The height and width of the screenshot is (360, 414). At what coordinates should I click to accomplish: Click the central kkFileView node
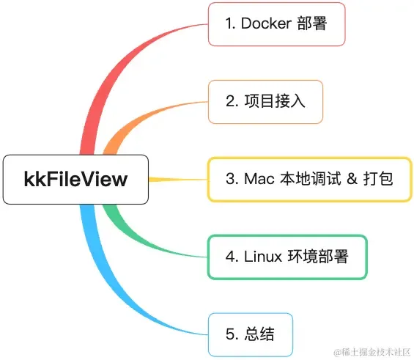[x=75, y=180]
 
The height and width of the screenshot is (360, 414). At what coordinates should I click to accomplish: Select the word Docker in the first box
[x=266, y=23]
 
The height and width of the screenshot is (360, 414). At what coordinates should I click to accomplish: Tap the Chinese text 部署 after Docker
[x=312, y=23]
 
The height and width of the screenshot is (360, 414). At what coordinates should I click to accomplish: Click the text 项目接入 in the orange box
[x=275, y=101]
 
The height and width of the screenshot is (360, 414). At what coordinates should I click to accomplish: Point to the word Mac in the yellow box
[x=259, y=179]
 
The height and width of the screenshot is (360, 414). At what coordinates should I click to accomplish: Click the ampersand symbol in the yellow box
[x=352, y=179]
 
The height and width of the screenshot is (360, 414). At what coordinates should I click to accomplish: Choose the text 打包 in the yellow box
[x=378, y=179]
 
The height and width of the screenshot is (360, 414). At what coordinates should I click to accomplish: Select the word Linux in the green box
[x=263, y=257]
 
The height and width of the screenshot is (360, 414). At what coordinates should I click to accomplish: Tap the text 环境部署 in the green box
[x=318, y=257]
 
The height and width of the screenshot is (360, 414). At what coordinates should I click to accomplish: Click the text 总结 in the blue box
[x=259, y=334]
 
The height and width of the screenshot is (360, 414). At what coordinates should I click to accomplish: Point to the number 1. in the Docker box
[x=230, y=23]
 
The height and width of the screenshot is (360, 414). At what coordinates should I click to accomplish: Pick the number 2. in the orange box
[x=232, y=101]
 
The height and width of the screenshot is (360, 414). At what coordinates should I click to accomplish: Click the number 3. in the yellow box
[x=232, y=179]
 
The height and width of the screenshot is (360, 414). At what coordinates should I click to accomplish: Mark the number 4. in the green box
[x=232, y=257]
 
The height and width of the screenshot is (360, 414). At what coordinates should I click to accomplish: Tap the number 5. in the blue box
[x=232, y=334]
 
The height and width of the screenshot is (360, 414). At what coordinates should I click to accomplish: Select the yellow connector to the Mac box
[x=178, y=180]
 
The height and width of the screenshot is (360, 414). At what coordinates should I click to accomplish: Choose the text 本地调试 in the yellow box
[x=310, y=179]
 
